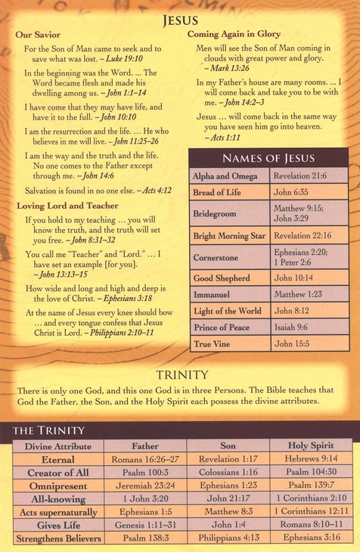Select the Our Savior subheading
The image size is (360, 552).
click(x=39, y=35)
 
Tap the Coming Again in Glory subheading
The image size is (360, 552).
click(x=234, y=33)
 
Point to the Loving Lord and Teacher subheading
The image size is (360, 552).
click(x=63, y=205)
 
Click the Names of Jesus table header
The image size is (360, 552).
click(x=268, y=158)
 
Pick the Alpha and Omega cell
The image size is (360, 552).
click(x=225, y=175)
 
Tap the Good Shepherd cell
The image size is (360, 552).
click(x=222, y=278)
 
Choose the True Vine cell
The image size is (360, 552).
click(x=213, y=343)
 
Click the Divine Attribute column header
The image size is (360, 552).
click(x=58, y=446)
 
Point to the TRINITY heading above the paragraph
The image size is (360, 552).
click(x=182, y=375)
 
